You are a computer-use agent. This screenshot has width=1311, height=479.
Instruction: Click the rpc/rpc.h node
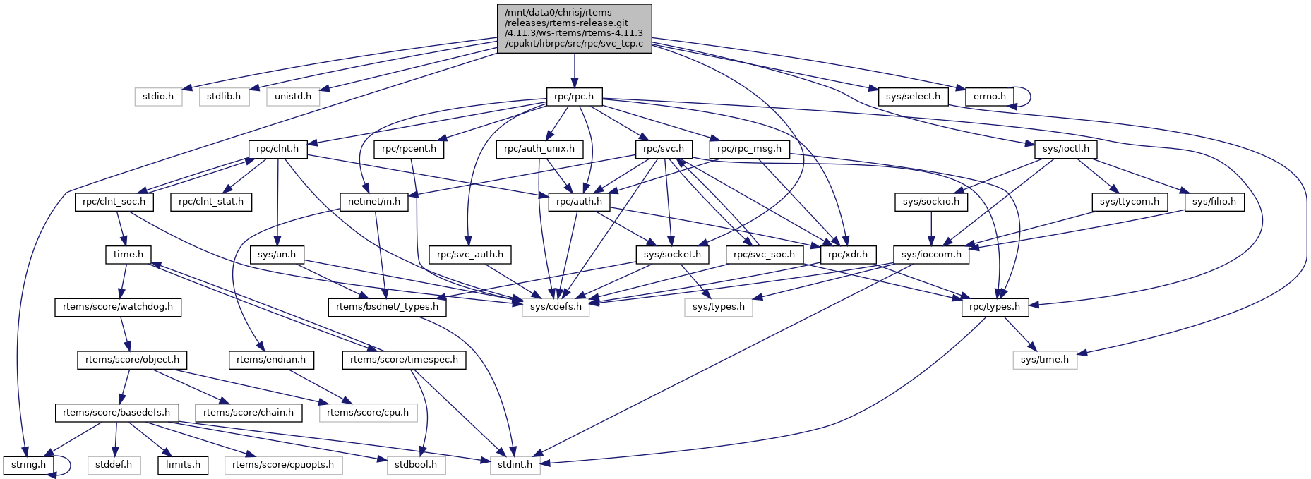(574, 97)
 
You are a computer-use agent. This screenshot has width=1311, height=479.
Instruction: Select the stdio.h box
(158, 97)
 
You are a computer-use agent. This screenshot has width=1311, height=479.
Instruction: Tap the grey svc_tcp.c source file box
(574, 28)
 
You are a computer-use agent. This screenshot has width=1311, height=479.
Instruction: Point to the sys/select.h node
(913, 97)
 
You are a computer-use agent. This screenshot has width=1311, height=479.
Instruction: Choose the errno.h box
(990, 97)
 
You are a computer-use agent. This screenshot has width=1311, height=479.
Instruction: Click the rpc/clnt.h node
(277, 149)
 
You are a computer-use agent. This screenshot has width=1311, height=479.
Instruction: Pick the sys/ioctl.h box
(1066, 149)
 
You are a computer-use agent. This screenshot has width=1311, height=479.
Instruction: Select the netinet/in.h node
(374, 202)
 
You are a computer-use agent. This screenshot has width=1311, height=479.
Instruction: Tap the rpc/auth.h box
(579, 202)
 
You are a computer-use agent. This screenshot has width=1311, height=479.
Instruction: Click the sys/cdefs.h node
(556, 307)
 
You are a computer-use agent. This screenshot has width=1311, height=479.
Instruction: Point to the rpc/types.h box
(994, 307)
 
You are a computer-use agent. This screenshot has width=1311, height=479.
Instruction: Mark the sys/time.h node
(1045, 360)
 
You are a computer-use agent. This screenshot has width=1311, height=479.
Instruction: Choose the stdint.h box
(515, 465)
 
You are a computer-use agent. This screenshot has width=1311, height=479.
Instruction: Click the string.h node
(28, 465)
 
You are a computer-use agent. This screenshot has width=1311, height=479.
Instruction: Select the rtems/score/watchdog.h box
(118, 307)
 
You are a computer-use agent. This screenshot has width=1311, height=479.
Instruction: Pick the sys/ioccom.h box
(931, 255)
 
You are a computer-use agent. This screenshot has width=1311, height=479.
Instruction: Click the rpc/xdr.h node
(848, 255)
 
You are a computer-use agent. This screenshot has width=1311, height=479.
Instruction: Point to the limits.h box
(183, 465)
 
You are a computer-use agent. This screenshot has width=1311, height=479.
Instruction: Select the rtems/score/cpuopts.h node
(283, 465)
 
